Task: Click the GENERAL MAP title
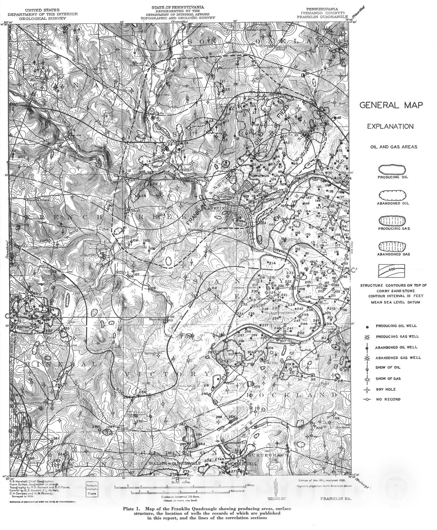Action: coord(391,105)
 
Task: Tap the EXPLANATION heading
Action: coord(390,127)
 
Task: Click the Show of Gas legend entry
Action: coord(388,379)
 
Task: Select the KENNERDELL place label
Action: coord(236,464)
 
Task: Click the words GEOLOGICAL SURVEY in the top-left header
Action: coord(42,19)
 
